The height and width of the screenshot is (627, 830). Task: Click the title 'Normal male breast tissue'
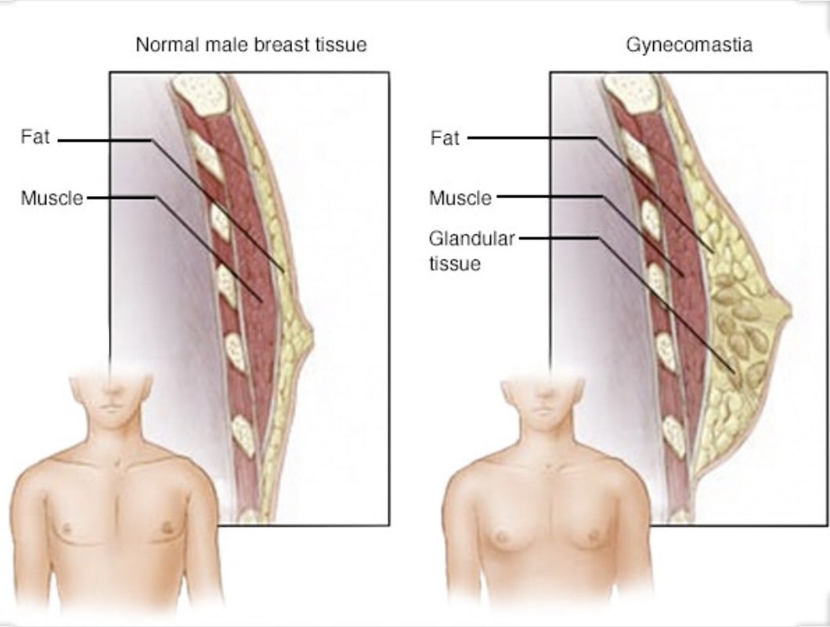click(251, 45)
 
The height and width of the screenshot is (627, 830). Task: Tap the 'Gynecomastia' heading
click(689, 45)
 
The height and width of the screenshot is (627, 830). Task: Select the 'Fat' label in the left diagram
click(35, 138)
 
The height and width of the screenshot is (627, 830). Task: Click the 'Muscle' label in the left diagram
click(52, 198)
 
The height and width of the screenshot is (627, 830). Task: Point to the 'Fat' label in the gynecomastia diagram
click(445, 139)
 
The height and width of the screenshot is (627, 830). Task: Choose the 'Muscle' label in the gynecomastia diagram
click(460, 198)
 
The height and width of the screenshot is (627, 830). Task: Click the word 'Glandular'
click(471, 238)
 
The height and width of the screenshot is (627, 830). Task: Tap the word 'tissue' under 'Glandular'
click(454, 263)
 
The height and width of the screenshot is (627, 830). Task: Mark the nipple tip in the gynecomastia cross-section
click(789, 312)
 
